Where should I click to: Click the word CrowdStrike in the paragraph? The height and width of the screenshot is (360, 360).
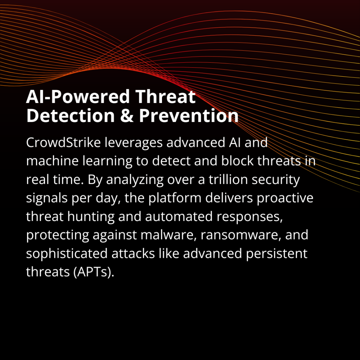(63, 142)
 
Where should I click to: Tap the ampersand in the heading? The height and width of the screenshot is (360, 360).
(127, 115)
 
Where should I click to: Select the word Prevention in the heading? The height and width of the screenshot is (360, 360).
(189, 115)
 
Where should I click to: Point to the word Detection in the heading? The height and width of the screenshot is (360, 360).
(71, 115)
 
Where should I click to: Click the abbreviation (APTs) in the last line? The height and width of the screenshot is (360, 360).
(94, 272)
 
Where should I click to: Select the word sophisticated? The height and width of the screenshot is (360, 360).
(67, 253)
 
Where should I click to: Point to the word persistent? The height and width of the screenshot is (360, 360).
(276, 253)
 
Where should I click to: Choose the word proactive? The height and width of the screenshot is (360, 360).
(285, 198)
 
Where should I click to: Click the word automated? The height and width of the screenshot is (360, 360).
(179, 216)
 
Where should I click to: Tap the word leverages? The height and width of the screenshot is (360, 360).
(134, 143)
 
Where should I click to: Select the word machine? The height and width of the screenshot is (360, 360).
(52, 161)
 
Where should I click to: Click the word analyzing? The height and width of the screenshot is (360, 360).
(135, 180)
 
